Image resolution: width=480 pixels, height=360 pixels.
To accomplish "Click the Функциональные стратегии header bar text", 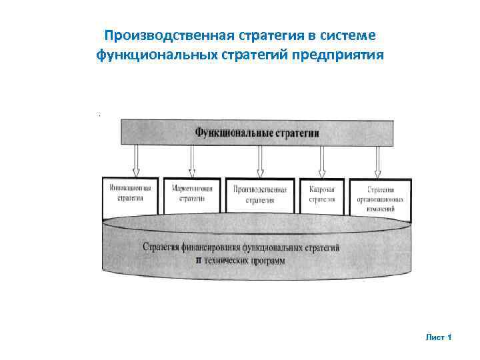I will click(x=257, y=133).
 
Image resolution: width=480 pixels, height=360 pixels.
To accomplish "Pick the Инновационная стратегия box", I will click(x=131, y=194).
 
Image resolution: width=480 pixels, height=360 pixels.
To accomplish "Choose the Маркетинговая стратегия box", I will click(x=192, y=194).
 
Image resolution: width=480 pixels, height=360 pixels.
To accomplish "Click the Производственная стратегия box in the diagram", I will click(x=260, y=194).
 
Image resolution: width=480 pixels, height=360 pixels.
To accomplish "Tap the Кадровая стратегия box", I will click(x=322, y=194).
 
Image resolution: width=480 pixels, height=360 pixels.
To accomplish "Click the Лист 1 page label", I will click(x=439, y=337).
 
